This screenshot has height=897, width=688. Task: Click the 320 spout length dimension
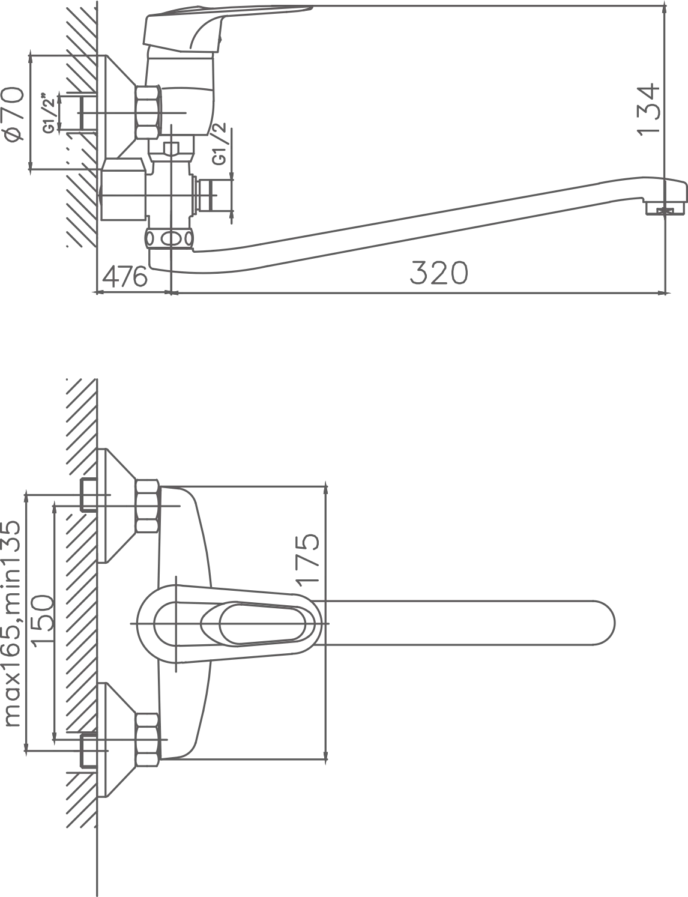click(x=439, y=273)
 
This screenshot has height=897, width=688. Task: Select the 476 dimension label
click(x=125, y=276)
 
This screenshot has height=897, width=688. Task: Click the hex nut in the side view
click(x=148, y=112)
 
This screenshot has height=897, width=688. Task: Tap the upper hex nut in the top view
click(x=147, y=506)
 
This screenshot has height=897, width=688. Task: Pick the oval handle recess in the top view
click(x=254, y=623)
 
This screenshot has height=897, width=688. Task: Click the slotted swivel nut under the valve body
click(x=169, y=238)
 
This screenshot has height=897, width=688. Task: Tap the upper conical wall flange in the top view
click(x=117, y=506)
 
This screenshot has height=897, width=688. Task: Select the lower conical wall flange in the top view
click(x=117, y=740)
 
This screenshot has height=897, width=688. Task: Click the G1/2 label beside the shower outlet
click(x=220, y=143)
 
